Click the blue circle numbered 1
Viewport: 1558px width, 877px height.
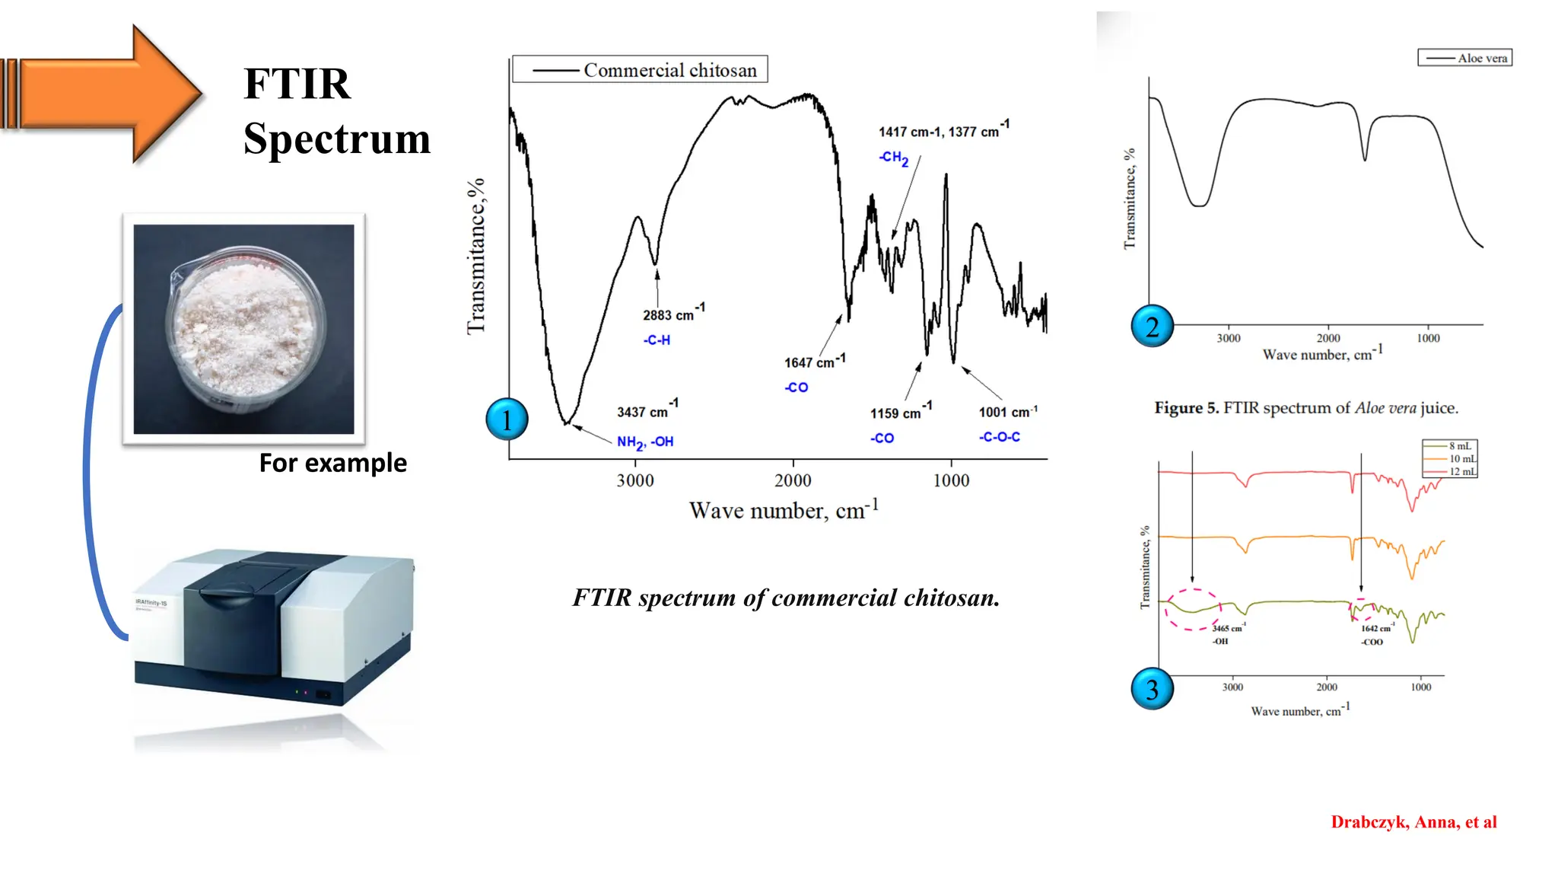tap(507, 419)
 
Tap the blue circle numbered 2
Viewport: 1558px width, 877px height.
tap(1153, 326)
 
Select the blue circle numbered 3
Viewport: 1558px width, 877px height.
tap(1153, 689)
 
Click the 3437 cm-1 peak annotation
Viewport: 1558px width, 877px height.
tap(647, 410)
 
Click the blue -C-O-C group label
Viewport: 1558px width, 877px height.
tap(1000, 437)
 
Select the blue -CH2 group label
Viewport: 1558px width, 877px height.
tap(894, 158)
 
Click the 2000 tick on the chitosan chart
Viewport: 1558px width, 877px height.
tap(793, 480)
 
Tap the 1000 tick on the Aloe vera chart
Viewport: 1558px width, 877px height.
tap(1428, 338)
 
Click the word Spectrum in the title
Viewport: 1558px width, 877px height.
tap(337, 139)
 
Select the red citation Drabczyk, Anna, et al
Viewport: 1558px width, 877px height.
tap(1413, 822)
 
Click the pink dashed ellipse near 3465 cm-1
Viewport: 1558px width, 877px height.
tap(1193, 609)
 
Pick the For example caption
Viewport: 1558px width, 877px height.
tap(332, 463)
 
